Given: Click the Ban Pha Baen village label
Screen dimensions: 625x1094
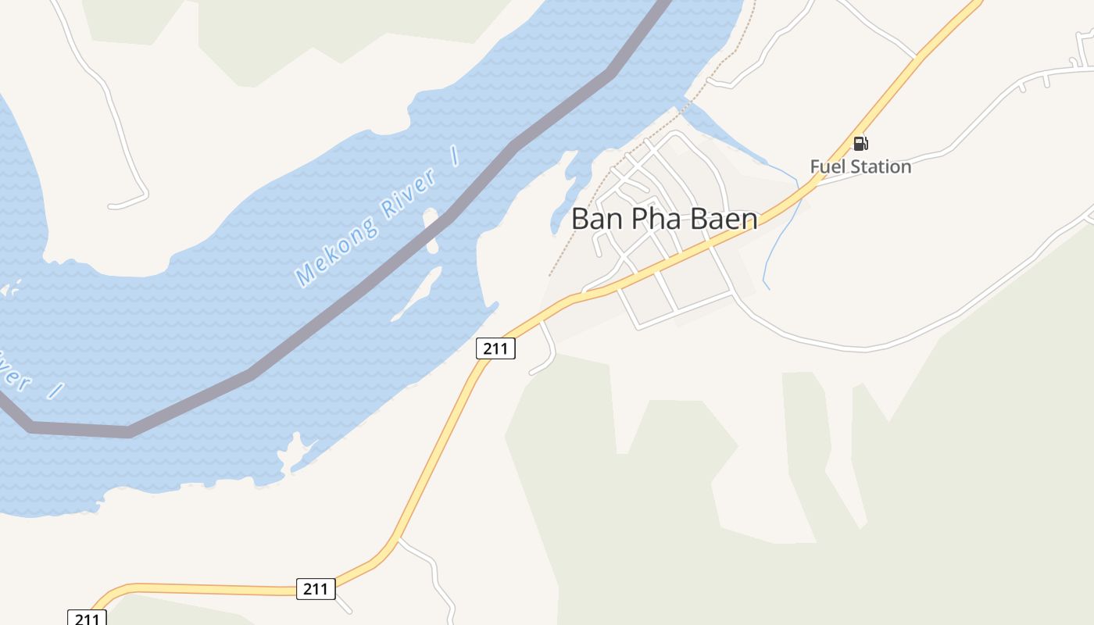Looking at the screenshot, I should pos(664,219).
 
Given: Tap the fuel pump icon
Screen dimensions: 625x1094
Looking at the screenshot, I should pos(860,143).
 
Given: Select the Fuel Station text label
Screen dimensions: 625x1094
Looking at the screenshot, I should pos(860,166).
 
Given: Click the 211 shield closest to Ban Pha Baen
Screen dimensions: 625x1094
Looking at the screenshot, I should pos(495,348).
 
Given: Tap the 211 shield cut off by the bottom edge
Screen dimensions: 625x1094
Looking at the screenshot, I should pos(86,617).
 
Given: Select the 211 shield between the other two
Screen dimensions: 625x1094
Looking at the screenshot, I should pos(316,588).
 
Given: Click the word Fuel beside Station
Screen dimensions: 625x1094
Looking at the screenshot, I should pos(826,166).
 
